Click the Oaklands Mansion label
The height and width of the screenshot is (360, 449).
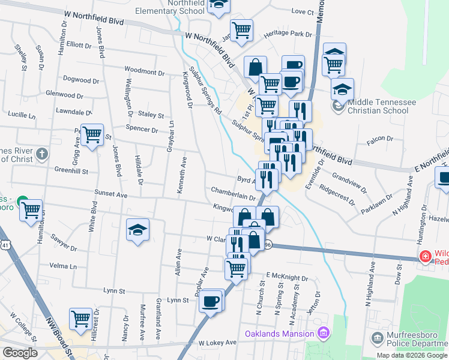(x=279, y=334)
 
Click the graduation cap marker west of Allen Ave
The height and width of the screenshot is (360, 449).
(x=137, y=230)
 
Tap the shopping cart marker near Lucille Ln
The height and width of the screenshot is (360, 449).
(x=92, y=135)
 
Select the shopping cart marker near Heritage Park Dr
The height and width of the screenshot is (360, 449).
(x=241, y=30)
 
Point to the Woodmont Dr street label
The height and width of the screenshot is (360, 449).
(x=140, y=71)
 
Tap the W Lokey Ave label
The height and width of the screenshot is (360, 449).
(x=218, y=343)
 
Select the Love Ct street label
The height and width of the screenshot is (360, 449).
(x=303, y=12)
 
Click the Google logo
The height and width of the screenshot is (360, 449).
(x=20, y=352)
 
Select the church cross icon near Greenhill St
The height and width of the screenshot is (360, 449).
(x=41, y=155)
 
